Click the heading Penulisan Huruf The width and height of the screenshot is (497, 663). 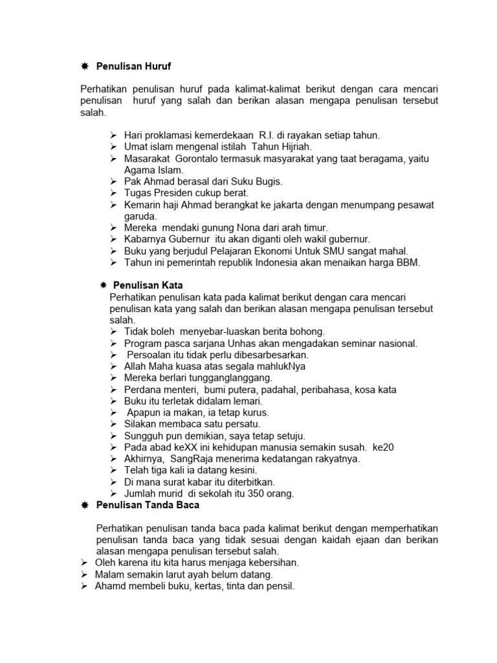click(134, 66)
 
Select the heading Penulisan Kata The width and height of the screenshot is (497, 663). click(148, 284)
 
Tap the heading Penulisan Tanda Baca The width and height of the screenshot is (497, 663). click(148, 504)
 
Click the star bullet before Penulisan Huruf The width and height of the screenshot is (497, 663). click(84, 66)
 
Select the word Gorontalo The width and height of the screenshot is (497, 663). click(203, 159)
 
